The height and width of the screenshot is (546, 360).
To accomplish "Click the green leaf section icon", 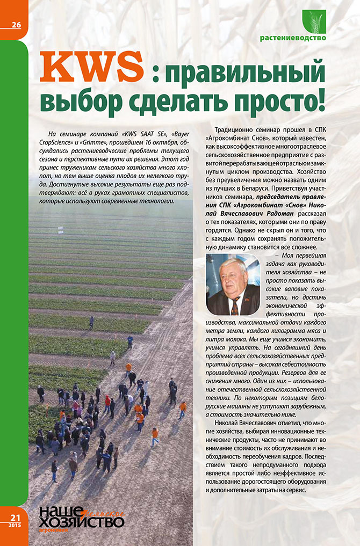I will [314, 22].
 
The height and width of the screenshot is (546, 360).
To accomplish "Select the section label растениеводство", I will [293, 38].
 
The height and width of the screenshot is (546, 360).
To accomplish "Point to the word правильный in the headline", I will [247, 72].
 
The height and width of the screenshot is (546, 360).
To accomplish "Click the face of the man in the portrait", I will [233, 275].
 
